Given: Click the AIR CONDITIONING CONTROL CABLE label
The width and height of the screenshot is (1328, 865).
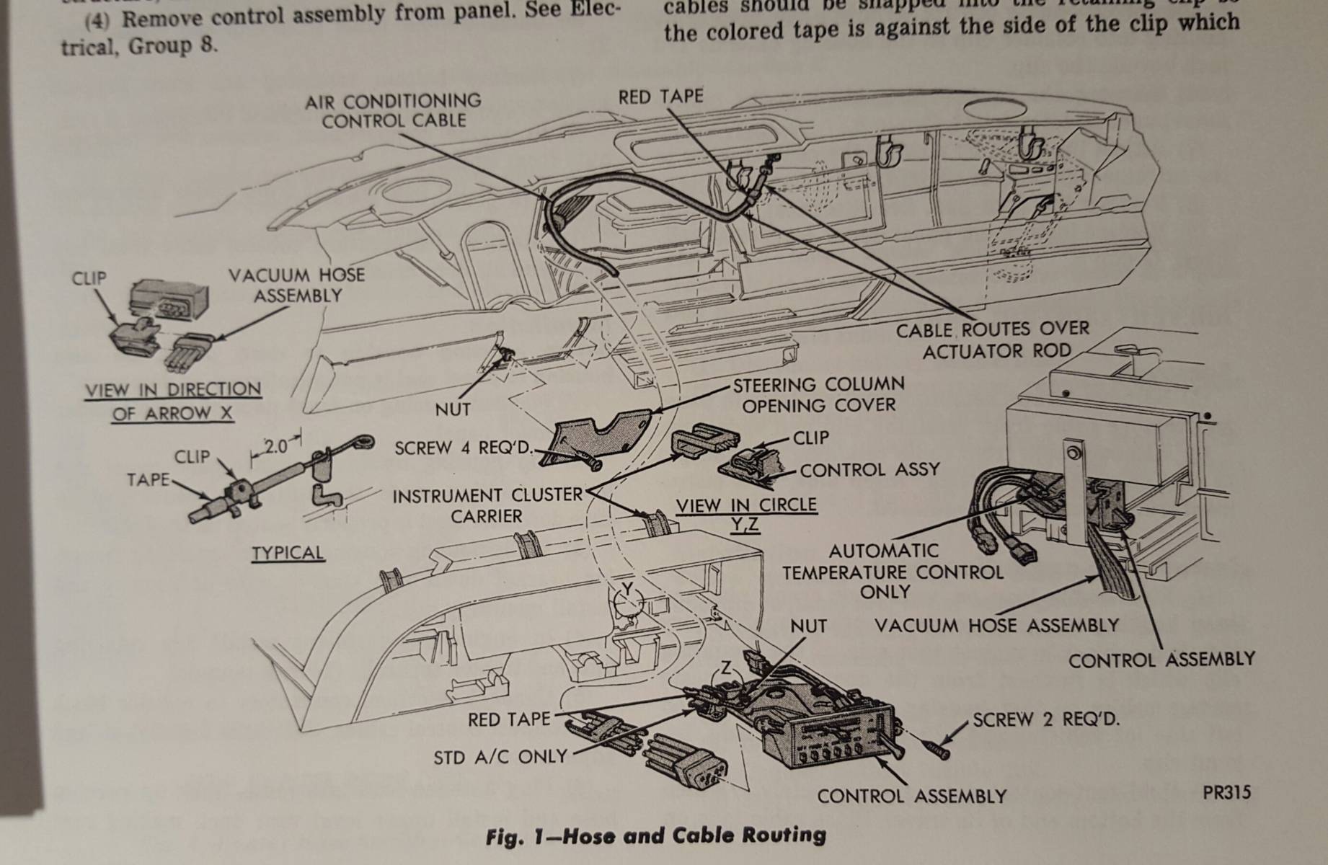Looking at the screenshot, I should pos(393,110).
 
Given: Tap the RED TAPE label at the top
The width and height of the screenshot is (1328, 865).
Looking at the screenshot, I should pos(660,97).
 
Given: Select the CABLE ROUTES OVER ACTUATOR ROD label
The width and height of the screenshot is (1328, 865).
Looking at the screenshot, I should pos(992,340).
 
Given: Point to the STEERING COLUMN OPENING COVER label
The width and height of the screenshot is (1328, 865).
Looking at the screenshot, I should pos(818,395).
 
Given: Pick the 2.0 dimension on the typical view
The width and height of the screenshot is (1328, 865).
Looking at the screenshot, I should pos(275,446).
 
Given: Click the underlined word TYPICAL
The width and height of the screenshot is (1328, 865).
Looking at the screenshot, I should pos(288,553).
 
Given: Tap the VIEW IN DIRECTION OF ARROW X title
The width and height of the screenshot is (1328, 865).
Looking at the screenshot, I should pos(173,402).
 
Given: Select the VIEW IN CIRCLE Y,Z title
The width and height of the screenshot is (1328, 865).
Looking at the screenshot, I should pos(746,513).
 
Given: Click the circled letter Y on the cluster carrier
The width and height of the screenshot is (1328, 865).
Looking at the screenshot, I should pos(627,590).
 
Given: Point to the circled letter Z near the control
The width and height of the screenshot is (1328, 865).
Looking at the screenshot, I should pos(726,669).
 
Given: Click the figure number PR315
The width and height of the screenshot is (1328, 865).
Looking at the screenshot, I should pos(1226,793).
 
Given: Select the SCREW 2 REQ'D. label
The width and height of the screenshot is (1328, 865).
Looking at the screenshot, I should pos(1046,719).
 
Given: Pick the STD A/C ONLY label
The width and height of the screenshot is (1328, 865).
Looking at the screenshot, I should pos(500,757).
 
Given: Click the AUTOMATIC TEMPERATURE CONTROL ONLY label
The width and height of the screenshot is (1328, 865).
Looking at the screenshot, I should pos(892,572).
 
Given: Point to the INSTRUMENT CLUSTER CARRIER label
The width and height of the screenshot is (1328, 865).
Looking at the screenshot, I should pos(487,506).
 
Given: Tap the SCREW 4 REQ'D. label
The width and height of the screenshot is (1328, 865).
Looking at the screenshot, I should pos(464,448).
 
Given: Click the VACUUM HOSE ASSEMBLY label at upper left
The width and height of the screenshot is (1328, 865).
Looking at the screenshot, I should pos(296,285).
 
